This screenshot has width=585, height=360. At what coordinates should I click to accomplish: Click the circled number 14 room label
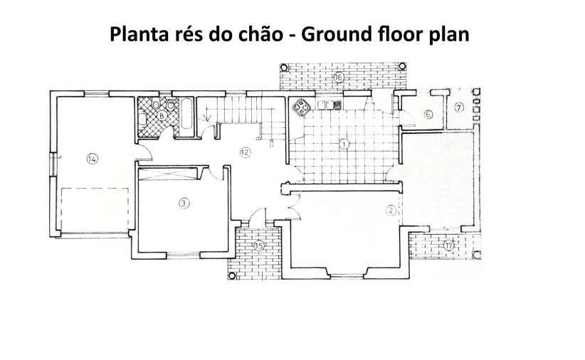pos(92,159)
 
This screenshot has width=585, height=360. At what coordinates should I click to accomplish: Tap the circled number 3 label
pos(184,203)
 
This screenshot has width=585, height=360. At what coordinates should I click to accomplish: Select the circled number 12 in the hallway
pos(245,152)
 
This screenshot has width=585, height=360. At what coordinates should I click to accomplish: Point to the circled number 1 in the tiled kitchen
pos(344,144)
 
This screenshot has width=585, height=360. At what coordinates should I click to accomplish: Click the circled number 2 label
pos(391,211)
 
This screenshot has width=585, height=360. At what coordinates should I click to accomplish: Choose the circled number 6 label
pos(428,114)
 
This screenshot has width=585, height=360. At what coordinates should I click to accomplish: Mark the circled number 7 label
pos(459,107)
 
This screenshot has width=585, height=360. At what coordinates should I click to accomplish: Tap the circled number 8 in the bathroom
pos(162,116)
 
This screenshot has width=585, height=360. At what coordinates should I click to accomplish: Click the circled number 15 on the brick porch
pos(259,245)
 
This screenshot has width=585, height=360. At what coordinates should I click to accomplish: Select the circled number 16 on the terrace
pos(338,78)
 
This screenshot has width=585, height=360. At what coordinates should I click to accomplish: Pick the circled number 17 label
pos(448,245)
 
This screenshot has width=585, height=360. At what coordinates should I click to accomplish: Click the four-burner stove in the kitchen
pos(302,107)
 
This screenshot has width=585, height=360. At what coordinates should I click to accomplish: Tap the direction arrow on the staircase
pos(208,118)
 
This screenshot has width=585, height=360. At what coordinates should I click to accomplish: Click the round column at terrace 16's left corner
pos(284,68)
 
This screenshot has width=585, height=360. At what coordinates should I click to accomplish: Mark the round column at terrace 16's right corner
pos(402,66)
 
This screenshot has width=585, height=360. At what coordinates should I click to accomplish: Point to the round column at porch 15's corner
pos(232,275)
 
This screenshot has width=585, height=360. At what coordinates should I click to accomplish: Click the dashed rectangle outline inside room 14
pos(95,189)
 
